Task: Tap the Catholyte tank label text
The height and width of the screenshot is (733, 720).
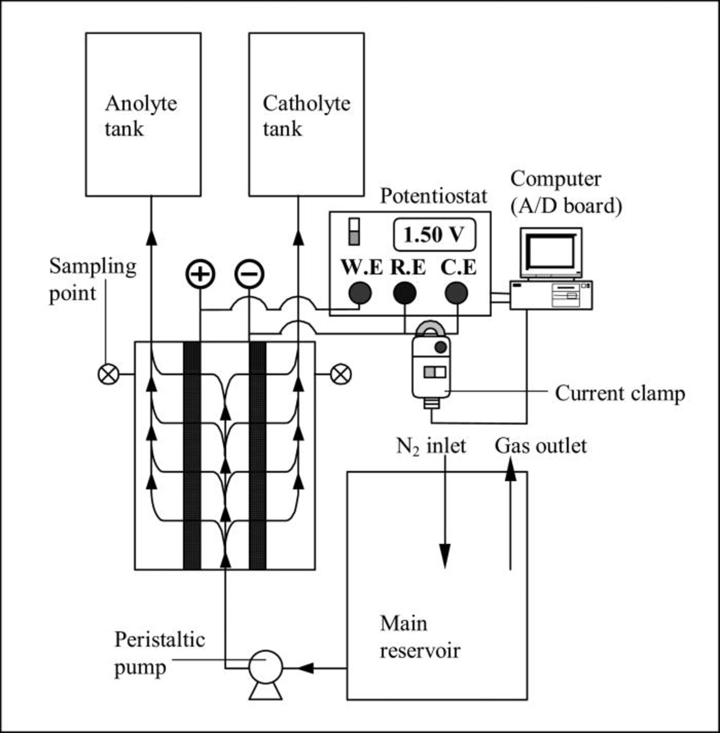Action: tap(306, 116)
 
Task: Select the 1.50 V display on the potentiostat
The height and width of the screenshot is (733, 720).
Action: tap(434, 235)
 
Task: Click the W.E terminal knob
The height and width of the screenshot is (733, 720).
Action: tap(360, 293)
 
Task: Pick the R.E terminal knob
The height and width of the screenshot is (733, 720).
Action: tap(404, 293)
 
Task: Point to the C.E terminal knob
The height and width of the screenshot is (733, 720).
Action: tap(456, 293)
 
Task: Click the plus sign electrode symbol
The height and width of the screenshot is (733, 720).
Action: tap(200, 274)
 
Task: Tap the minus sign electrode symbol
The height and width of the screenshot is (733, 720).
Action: tap(249, 274)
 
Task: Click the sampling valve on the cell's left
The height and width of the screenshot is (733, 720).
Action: tap(109, 374)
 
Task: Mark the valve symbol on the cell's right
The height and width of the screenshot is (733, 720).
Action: tap(341, 374)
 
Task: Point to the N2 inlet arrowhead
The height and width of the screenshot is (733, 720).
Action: tap(445, 556)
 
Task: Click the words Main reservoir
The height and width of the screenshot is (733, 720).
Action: tap(420, 637)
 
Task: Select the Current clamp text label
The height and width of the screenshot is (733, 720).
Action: tap(620, 393)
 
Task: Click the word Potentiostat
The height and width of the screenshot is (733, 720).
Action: tap(433, 196)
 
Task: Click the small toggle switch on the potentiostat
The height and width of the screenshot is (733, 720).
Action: tap(354, 232)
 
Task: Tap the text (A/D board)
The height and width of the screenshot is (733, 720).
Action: tap(566, 206)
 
